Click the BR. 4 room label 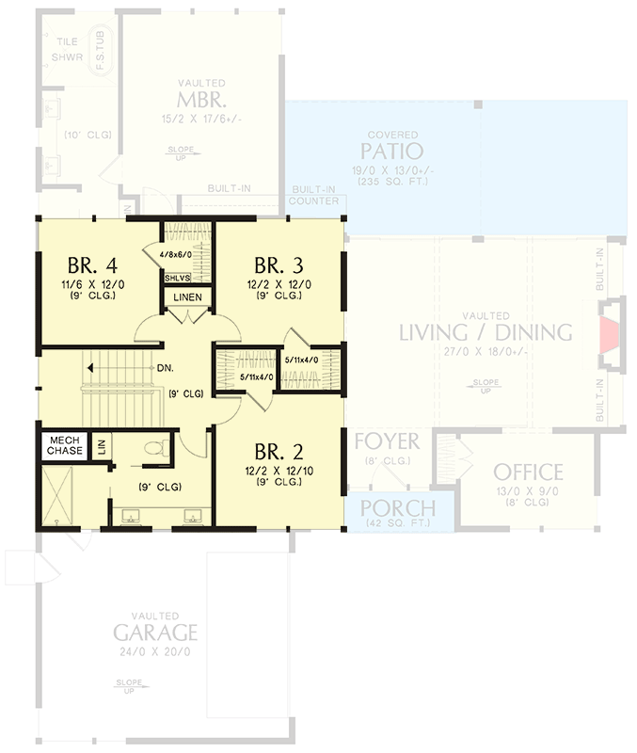tap(92, 262)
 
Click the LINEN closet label tap(184, 299)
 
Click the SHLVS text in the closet tap(177, 279)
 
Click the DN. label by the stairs tap(162, 368)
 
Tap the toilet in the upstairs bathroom tap(162, 445)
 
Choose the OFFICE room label tap(528, 472)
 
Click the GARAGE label tap(155, 631)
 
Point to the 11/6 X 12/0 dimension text tap(92, 283)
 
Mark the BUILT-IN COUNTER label tap(313, 195)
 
